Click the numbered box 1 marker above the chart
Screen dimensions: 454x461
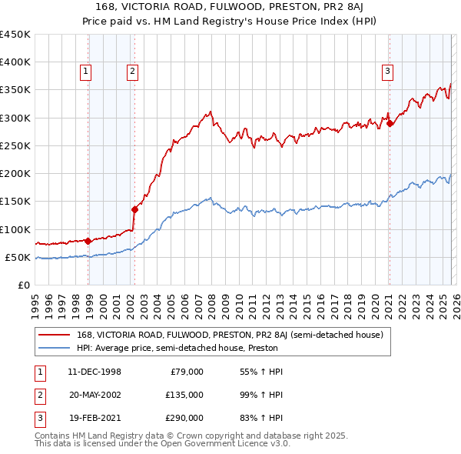[x=85, y=72]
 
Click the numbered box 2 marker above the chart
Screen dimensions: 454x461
[x=132, y=72]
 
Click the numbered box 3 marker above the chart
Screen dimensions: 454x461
[x=387, y=72]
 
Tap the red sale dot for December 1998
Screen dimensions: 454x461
[x=88, y=241]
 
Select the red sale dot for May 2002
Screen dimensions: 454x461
[x=134, y=209]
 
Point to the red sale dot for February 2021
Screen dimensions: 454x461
[x=390, y=123]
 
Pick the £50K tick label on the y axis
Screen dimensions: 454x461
[x=18, y=257]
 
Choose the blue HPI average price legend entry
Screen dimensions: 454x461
[x=177, y=348]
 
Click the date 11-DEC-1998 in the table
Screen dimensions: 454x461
[x=94, y=372]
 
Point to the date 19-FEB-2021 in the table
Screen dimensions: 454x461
[x=94, y=418]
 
